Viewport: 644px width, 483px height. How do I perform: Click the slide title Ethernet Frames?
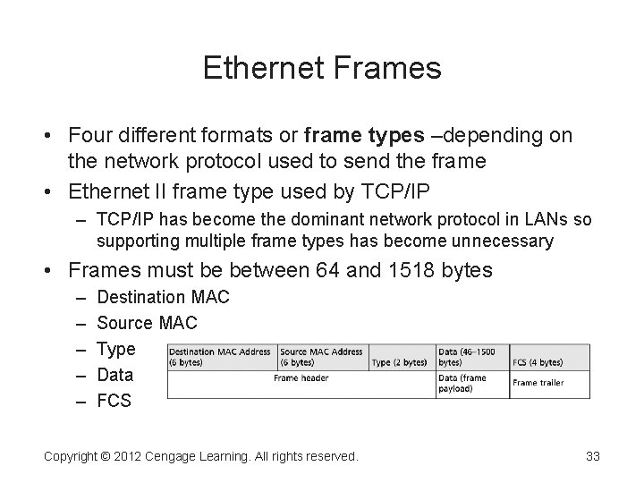tap(322, 68)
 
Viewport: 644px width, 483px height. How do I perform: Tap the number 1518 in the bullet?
tap(411, 270)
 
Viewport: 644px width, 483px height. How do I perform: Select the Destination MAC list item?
tap(163, 297)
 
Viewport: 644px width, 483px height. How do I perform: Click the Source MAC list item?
tap(147, 323)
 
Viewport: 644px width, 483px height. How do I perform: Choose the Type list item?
tap(115, 349)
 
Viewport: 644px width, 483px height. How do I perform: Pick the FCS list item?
tap(114, 401)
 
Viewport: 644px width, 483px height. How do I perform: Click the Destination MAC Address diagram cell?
tap(221, 357)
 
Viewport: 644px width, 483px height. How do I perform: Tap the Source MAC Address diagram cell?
tap(321, 357)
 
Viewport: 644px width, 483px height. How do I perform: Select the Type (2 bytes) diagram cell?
tap(399, 362)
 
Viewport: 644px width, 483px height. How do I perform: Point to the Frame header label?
tap(301, 378)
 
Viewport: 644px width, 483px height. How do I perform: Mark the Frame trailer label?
tap(538, 383)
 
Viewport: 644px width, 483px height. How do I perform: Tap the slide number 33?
tap(592, 457)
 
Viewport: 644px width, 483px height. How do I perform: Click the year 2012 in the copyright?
tap(137, 457)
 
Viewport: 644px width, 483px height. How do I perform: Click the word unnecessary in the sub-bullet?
tap(504, 241)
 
